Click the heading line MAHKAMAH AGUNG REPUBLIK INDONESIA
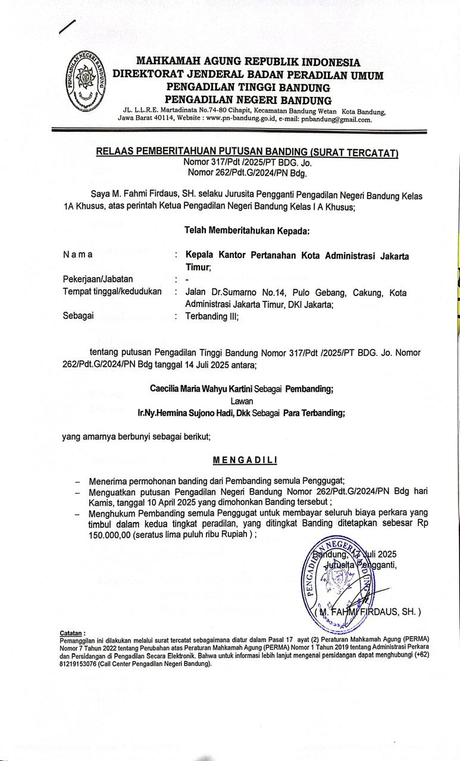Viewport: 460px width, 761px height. pos(248,62)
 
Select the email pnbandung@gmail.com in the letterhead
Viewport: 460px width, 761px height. pos(336,119)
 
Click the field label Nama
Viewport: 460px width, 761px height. pos(77,254)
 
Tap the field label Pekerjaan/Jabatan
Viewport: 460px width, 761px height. pos(98,279)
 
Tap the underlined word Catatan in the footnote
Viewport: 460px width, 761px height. pos(73,632)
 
